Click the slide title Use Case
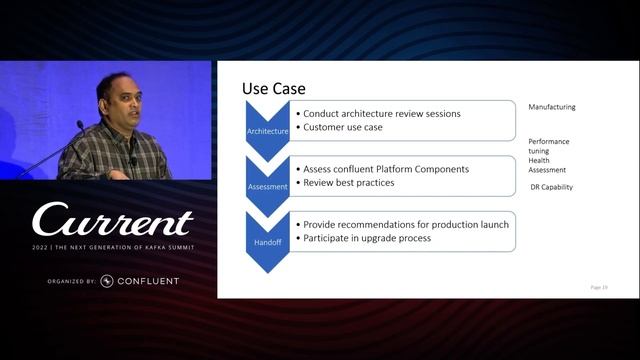[x=274, y=89]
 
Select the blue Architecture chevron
[x=267, y=130]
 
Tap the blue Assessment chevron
[x=267, y=185]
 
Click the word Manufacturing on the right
[x=552, y=107]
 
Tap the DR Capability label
[x=551, y=187]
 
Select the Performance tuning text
[x=549, y=147]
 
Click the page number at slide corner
[x=598, y=287]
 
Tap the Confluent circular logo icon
[x=107, y=281]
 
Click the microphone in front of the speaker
[x=80, y=126]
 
